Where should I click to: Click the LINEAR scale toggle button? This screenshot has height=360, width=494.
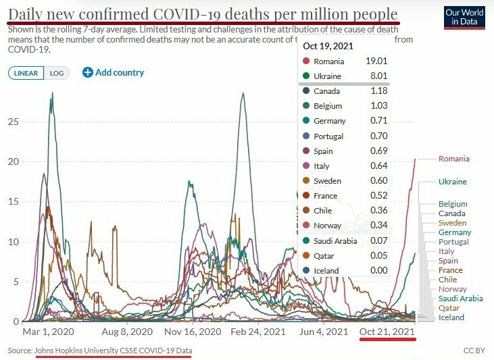26,73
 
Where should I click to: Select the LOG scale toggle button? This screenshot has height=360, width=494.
57,73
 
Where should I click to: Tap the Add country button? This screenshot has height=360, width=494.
113,72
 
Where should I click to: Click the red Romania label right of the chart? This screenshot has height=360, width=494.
453,159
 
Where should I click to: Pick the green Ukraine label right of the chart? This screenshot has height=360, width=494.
452,182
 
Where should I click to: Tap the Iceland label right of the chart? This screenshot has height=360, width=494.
451,317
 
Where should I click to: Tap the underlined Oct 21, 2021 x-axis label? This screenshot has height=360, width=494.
387,332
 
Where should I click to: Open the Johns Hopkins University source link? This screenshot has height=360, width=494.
113,351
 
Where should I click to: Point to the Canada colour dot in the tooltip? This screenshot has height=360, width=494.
305,91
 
